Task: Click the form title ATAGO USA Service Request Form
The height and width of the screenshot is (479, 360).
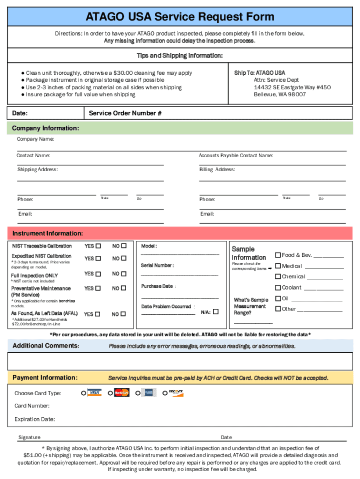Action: click(x=180, y=17)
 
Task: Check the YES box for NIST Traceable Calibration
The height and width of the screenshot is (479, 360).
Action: click(x=98, y=246)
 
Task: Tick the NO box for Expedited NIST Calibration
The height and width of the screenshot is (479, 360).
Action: click(x=123, y=258)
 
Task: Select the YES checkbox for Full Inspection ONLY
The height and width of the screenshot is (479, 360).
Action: click(x=98, y=274)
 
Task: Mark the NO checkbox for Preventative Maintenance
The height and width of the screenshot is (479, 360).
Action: click(x=123, y=289)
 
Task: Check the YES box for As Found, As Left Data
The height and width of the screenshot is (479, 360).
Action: click(x=97, y=314)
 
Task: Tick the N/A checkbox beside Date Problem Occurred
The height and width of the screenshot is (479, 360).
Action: click(x=216, y=311)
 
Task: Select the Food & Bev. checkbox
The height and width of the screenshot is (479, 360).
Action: click(x=278, y=255)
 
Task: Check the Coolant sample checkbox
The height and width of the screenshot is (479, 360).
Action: click(x=278, y=288)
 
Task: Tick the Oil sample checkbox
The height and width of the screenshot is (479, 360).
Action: click(x=278, y=298)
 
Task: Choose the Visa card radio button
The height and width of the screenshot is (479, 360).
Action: click(x=84, y=393)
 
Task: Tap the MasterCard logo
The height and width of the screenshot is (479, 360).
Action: click(x=122, y=392)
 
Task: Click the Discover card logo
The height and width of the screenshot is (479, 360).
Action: click(x=176, y=392)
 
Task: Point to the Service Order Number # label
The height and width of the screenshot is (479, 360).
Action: click(x=125, y=113)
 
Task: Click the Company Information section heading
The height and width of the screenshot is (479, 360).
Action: click(x=45, y=128)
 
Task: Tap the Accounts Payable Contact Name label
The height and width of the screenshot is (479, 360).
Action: click(x=236, y=155)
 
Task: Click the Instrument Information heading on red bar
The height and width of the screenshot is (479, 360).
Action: click(x=48, y=233)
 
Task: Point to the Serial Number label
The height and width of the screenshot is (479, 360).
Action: click(x=157, y=265)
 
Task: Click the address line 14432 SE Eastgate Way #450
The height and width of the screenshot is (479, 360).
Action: click(x=292, y=87)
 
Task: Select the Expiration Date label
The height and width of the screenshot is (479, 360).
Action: click(x=35, y=419)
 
